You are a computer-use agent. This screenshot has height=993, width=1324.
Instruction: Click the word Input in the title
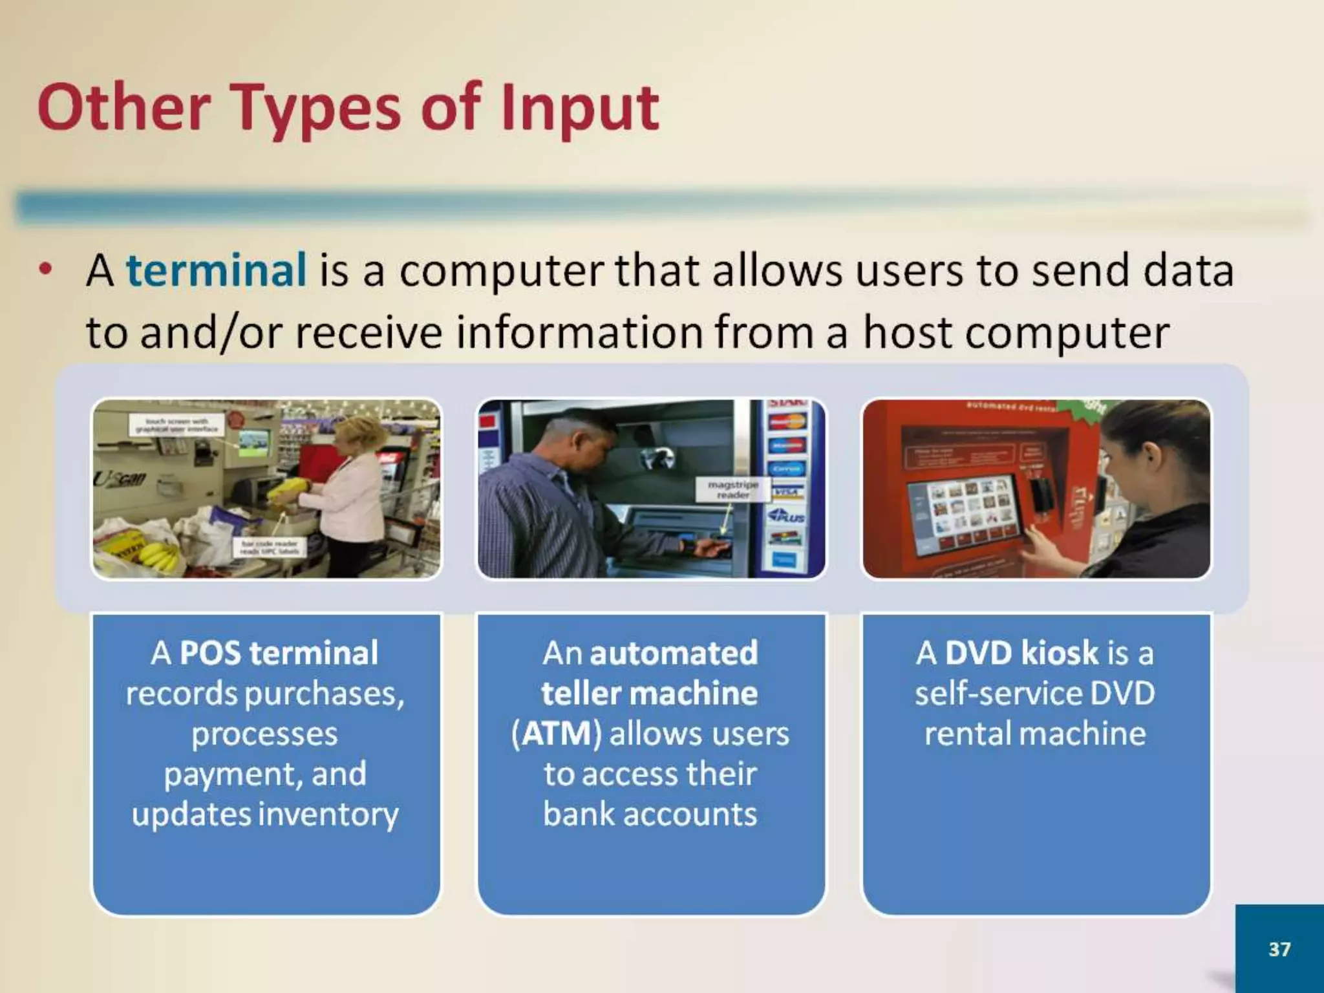pyautogui.click(x=579, y=109)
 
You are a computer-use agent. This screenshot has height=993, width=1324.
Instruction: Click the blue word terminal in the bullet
pyautogui.click(x=216, y=270)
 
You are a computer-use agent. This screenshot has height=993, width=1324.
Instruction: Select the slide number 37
pyautogui.click(x=1279, y=948)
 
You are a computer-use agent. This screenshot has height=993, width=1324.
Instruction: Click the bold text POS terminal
pyautogui.click(x=279, y=653)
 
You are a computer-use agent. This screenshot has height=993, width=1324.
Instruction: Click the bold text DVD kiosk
pyautogui.click(x=1021, y=653)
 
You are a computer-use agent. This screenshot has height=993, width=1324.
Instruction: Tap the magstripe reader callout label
pyautogui.click(x=733, y=489)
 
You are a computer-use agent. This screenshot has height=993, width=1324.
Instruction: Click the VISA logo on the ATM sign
pyautogui.click(x=786, y=493)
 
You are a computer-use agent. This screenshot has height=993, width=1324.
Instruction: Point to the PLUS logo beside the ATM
pyautogui.click(x=786, y=517)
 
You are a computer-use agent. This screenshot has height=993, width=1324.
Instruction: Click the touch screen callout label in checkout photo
pyautogui.click(x=176, y=425)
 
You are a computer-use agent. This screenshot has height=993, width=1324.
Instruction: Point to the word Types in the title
pyautogui.click(x=317, y=109)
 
